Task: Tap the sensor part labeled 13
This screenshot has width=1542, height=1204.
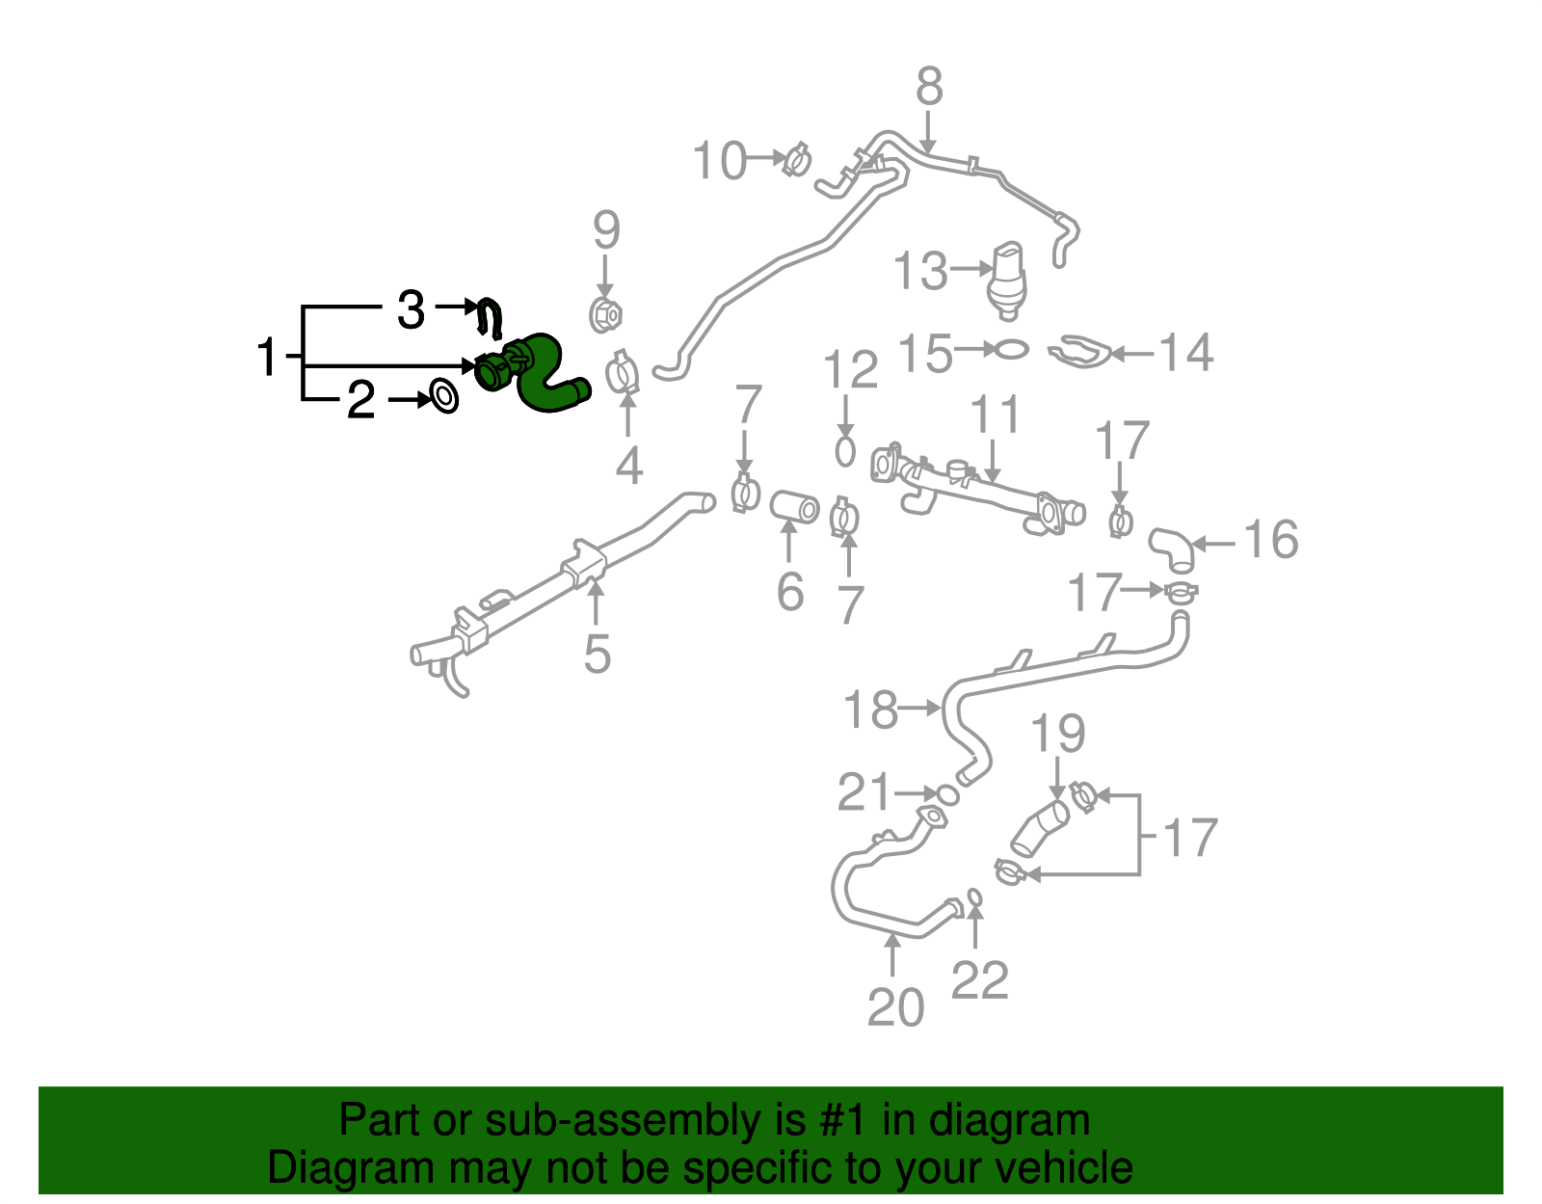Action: pyautogui.click(x=1008, y=278)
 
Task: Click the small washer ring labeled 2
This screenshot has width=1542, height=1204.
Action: pyautogui.click(x=443, y=396)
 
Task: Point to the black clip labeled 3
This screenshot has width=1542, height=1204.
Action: pyautogui.click(x=492, y=318)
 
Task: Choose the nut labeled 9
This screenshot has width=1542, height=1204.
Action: pyautogui.click(x=605, y=314)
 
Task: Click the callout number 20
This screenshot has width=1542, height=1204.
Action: pyautogui.click(x=895, y=1008)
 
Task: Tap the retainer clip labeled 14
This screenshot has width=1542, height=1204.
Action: pyautogui.click(x=1079, y=352)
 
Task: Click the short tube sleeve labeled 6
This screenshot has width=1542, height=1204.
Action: pyautogui.click(x=794, y=507)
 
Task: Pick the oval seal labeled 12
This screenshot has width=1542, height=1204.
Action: pyautogui.click(x=845, y=450)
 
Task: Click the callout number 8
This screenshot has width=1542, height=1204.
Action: pyautogui.click(x=928, y=87)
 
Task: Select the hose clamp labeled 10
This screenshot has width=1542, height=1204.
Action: pyautogui.click(x=797, y=159)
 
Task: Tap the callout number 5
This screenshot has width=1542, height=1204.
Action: pyautogui.click(x=598, y=654)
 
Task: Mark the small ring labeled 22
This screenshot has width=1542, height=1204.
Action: pyautogui.click(x=974, y=897)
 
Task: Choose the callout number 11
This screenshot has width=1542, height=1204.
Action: pyautogui.click(x=995, y=415)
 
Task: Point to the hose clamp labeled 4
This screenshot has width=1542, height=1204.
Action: pyautogui.click(x=624, y=375)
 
